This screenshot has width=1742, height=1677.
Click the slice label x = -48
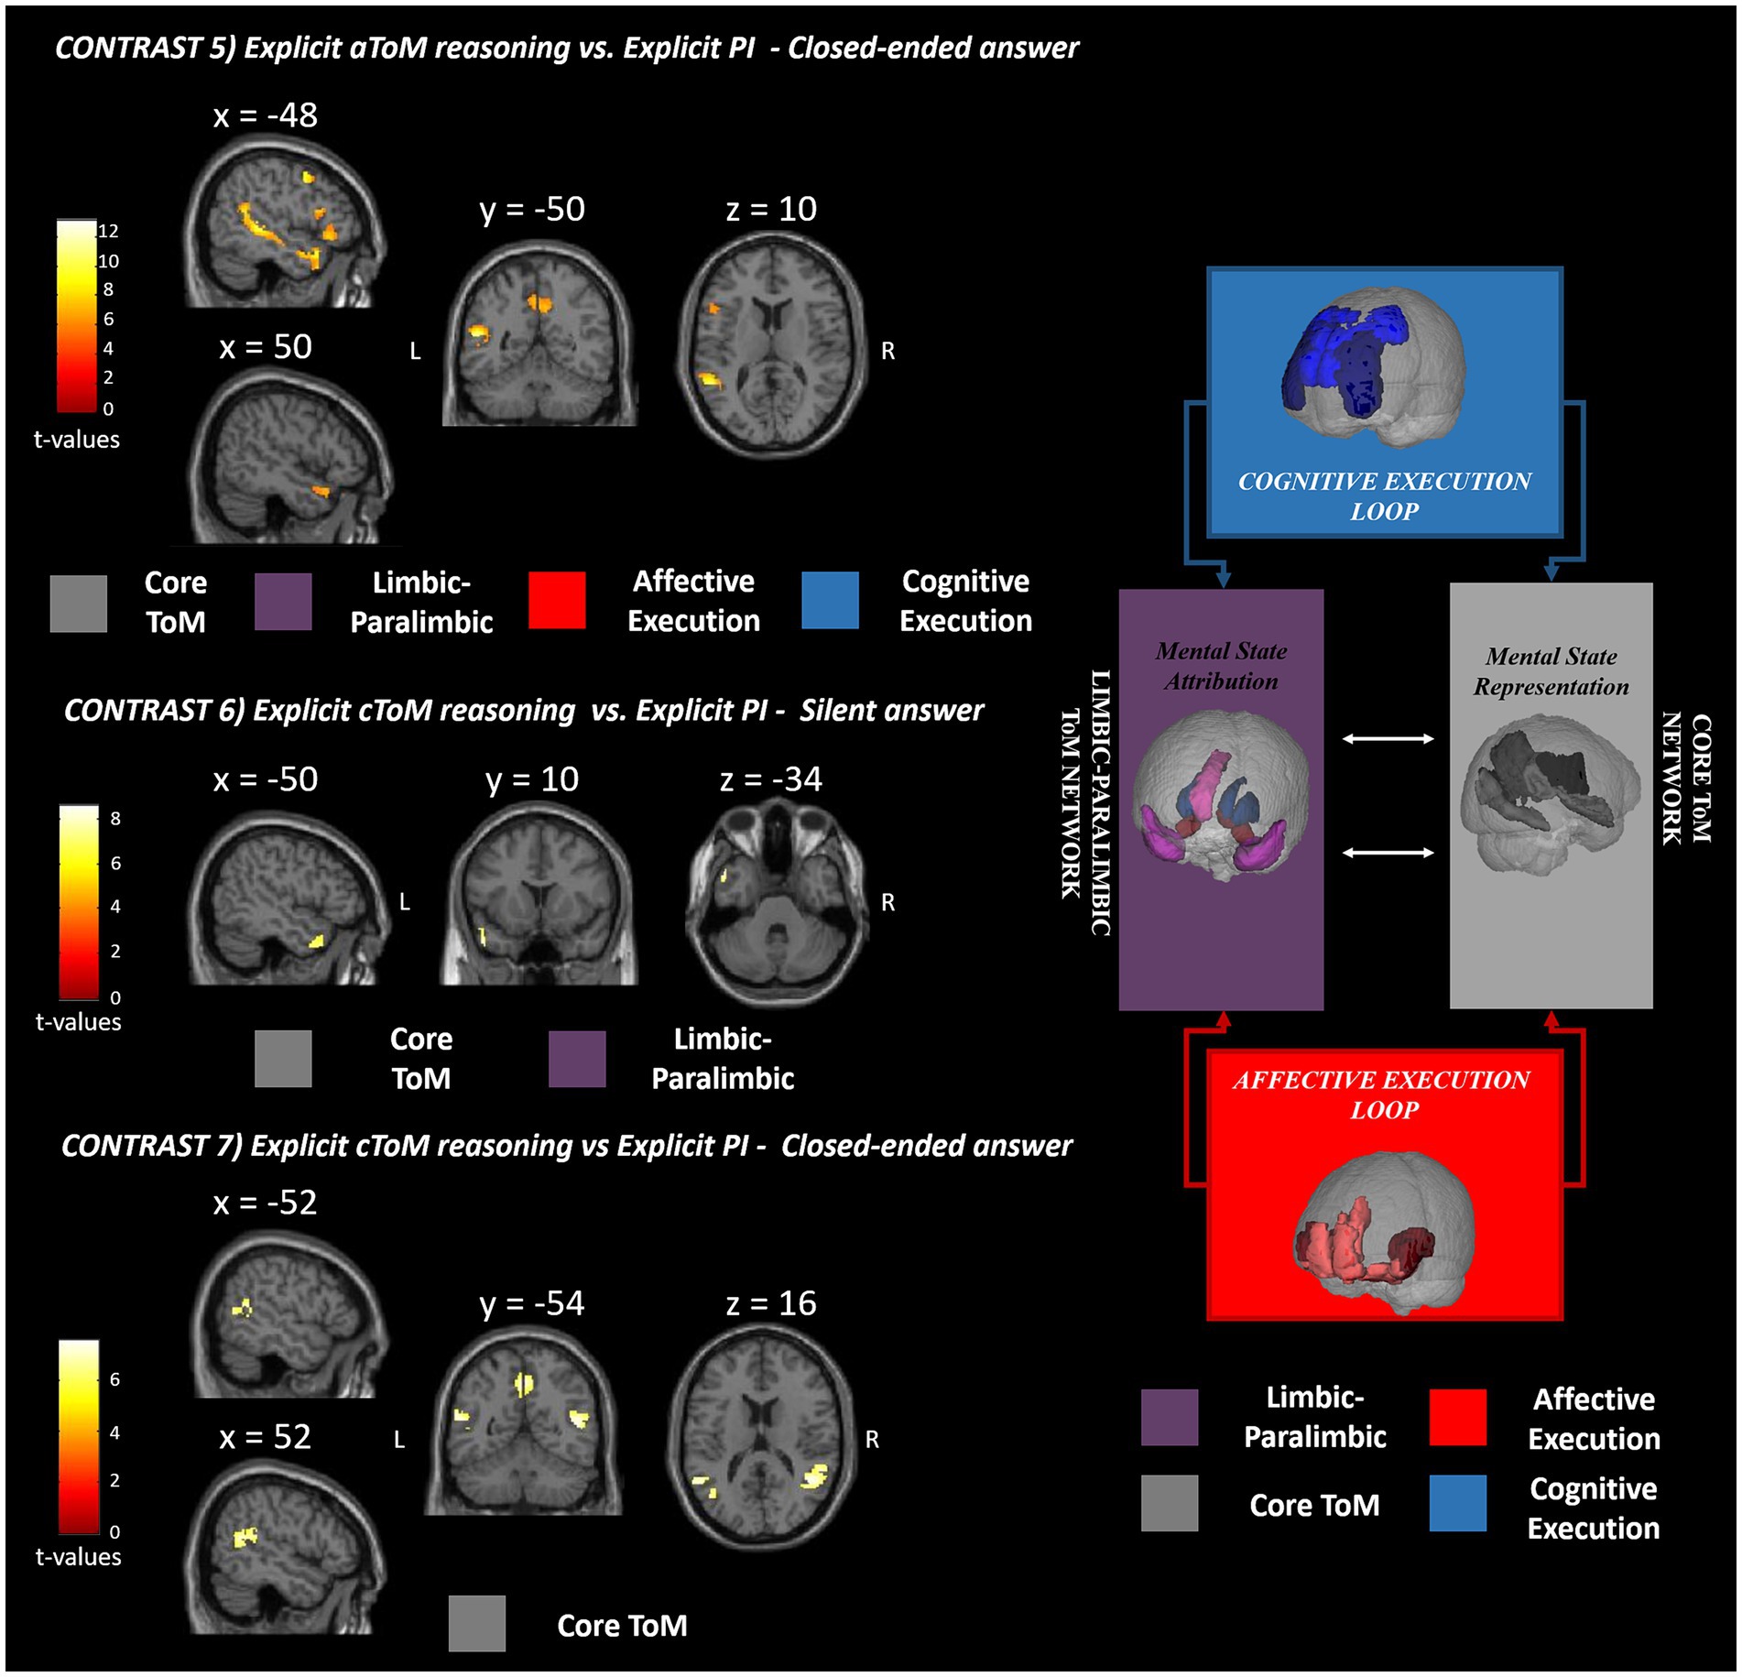click(265, 115)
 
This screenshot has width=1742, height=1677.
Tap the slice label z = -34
click(770, 779)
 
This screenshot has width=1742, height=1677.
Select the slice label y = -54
click(531, 1303)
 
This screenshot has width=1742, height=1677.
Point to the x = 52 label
click(265, 1436)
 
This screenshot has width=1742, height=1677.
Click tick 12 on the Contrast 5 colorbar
click(109, 231)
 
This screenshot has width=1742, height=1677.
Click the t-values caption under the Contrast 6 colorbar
click(78, 1022)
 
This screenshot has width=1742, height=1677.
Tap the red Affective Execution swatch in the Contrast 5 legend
click(557, 601)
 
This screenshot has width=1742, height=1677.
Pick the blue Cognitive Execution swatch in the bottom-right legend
click(1457, 1503)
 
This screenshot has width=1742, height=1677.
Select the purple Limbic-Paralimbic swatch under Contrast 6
click(577, 1059)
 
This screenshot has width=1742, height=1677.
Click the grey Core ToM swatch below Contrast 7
click(476, 1624)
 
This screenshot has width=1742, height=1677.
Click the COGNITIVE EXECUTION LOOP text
click(1384, 495)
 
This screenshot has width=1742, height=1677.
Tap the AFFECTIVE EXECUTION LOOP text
click(1382, 1094)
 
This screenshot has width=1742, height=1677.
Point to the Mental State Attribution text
click(1221, 666)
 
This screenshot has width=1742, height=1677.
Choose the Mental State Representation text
click(1551, 671)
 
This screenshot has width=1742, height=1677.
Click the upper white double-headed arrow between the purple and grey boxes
click(1388, 738)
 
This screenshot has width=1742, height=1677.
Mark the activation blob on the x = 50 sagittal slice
click(320, 492)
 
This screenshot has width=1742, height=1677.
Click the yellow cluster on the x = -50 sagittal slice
click(317, 940)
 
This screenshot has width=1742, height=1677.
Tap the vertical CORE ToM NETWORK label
click(1686, 779)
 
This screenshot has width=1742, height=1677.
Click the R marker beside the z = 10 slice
click(887, 351)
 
